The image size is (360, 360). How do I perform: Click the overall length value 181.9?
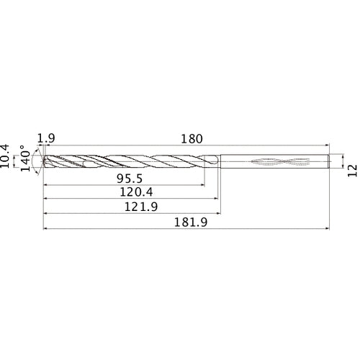click(x=189, y=223)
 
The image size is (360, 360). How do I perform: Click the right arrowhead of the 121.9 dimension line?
click(x=219, y=214)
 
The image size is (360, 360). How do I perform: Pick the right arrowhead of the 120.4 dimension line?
click(x=215, y=199)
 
